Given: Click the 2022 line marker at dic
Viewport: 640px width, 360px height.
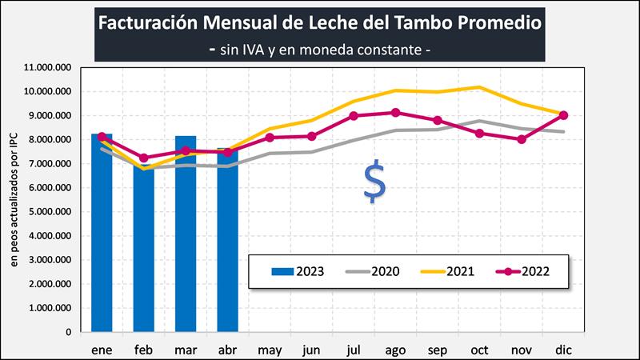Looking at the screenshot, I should (563, 115).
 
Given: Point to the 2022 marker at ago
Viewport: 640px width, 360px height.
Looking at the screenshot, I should (395, 113).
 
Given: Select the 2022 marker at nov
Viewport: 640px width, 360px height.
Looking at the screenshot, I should (521, 139).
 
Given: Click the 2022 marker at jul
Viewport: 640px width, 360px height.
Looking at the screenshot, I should (354, 116).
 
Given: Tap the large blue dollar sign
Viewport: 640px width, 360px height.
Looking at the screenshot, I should (374, 182).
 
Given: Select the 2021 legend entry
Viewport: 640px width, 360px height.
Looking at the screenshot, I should (452, 271).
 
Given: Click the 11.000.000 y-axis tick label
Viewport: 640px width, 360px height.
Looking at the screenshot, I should (49, 68).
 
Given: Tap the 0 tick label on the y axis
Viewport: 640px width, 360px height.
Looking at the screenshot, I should (70, 332).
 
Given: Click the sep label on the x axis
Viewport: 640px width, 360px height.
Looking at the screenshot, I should (437, 350).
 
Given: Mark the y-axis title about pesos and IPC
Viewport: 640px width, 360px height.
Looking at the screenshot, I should (14, 200).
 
